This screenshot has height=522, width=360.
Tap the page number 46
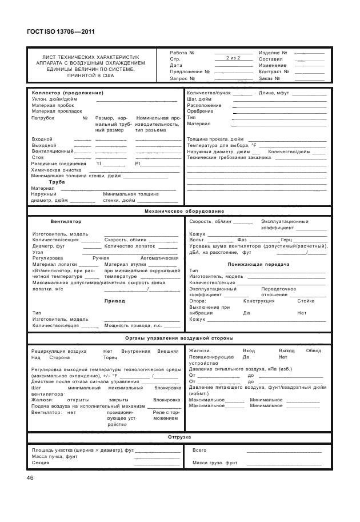pos(30,477)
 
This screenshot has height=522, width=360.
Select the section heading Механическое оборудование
pos(179,211)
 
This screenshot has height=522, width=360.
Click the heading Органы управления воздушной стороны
pos(179,338)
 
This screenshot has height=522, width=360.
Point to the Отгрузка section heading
pos(179,437)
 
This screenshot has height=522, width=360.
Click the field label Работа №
pos(183,53)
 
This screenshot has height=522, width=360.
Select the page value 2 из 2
pos(234,58)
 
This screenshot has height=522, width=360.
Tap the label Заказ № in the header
pos(270,78)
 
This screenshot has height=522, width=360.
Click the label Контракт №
pos(274,71)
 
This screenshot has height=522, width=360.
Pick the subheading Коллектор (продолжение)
pos(67,93)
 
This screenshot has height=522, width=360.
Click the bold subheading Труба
pos(57,182)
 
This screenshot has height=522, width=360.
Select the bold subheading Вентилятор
pos(66,221)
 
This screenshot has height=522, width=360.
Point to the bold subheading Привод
pos(114,300)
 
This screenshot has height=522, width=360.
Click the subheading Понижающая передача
pos(258,264)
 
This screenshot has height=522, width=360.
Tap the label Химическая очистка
pos(56,170)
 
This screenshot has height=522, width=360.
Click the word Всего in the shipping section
pos(199,450)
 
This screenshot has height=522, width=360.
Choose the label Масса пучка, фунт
pos(55,456)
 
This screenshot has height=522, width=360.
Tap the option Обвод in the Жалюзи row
pos(314,350)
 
